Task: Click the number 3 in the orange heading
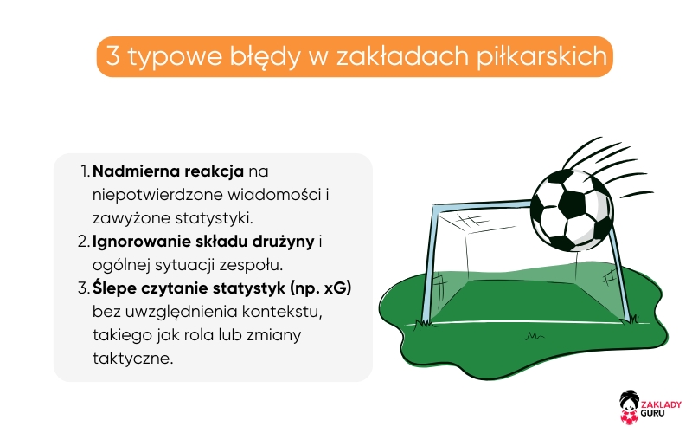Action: pos(111,57)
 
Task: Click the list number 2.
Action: pos(83,241)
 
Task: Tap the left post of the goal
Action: pos(427,268)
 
